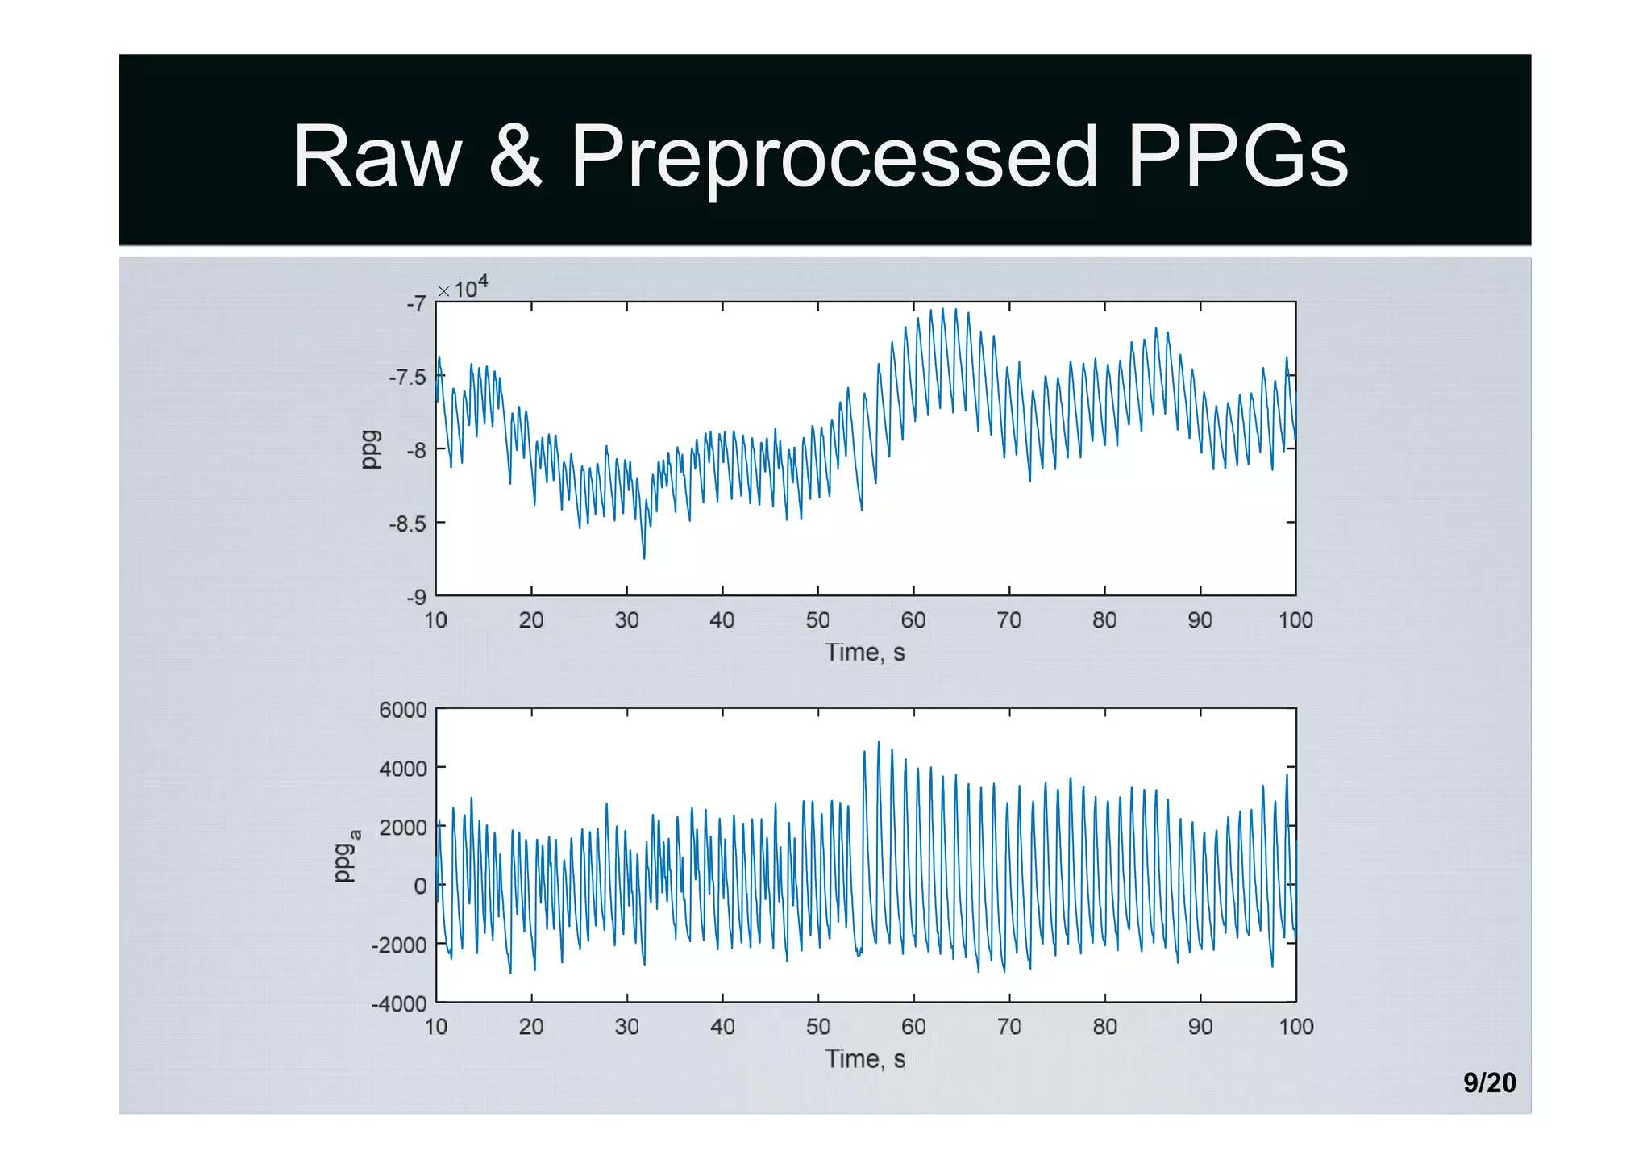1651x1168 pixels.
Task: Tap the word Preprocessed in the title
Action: pos(834,158)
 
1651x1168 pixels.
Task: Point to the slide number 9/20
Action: pos(1489,1082)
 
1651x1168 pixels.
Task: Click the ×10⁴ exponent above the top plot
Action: pos(464,287)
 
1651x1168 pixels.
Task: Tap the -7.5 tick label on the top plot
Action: pos(408,378)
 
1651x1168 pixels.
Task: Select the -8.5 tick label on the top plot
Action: pos(408,524)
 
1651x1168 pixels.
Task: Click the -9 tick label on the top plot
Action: pos(416,598)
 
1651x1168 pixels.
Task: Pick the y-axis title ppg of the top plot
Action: pos(370,449)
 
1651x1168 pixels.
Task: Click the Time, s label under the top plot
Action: pos(864,653)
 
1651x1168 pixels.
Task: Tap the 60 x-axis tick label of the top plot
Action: pos(913,620)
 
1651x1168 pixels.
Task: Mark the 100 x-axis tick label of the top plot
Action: pos(1295,620)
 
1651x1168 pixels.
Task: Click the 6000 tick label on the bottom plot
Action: pos(403,710)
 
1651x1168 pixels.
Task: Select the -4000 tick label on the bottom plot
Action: pos(399,1004)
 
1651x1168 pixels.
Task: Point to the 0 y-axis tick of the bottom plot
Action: pos(420,886)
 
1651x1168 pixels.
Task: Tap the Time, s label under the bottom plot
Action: pos(864,1059)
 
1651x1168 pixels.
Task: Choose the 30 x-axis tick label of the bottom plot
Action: pos(627,1027)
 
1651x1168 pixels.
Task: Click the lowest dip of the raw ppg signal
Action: pos(644,557)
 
